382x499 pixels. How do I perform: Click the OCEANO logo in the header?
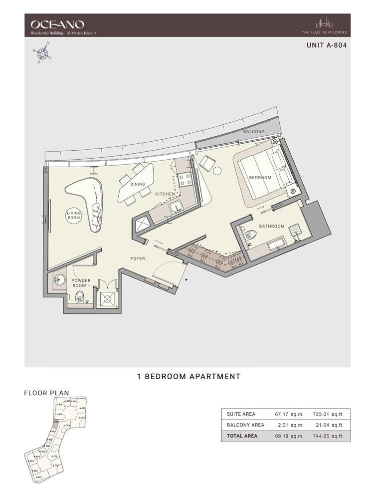coord(57,23)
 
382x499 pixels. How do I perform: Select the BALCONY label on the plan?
coord(253,131)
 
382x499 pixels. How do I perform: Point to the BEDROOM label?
coord(260,178)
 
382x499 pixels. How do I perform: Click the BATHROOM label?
coord(272,226)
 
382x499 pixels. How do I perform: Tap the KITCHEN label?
coord(165,194)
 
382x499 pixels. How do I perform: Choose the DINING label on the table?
coord(138,184)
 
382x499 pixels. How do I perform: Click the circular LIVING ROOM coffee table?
coord(74,216)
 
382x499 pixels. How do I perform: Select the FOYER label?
coord(138,258)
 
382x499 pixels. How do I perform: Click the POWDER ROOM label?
coord(81,283)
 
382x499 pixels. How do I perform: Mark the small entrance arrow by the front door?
coord(187,281)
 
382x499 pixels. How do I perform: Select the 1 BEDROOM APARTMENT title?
coord(189,377)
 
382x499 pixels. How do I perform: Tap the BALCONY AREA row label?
coord(245,425)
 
